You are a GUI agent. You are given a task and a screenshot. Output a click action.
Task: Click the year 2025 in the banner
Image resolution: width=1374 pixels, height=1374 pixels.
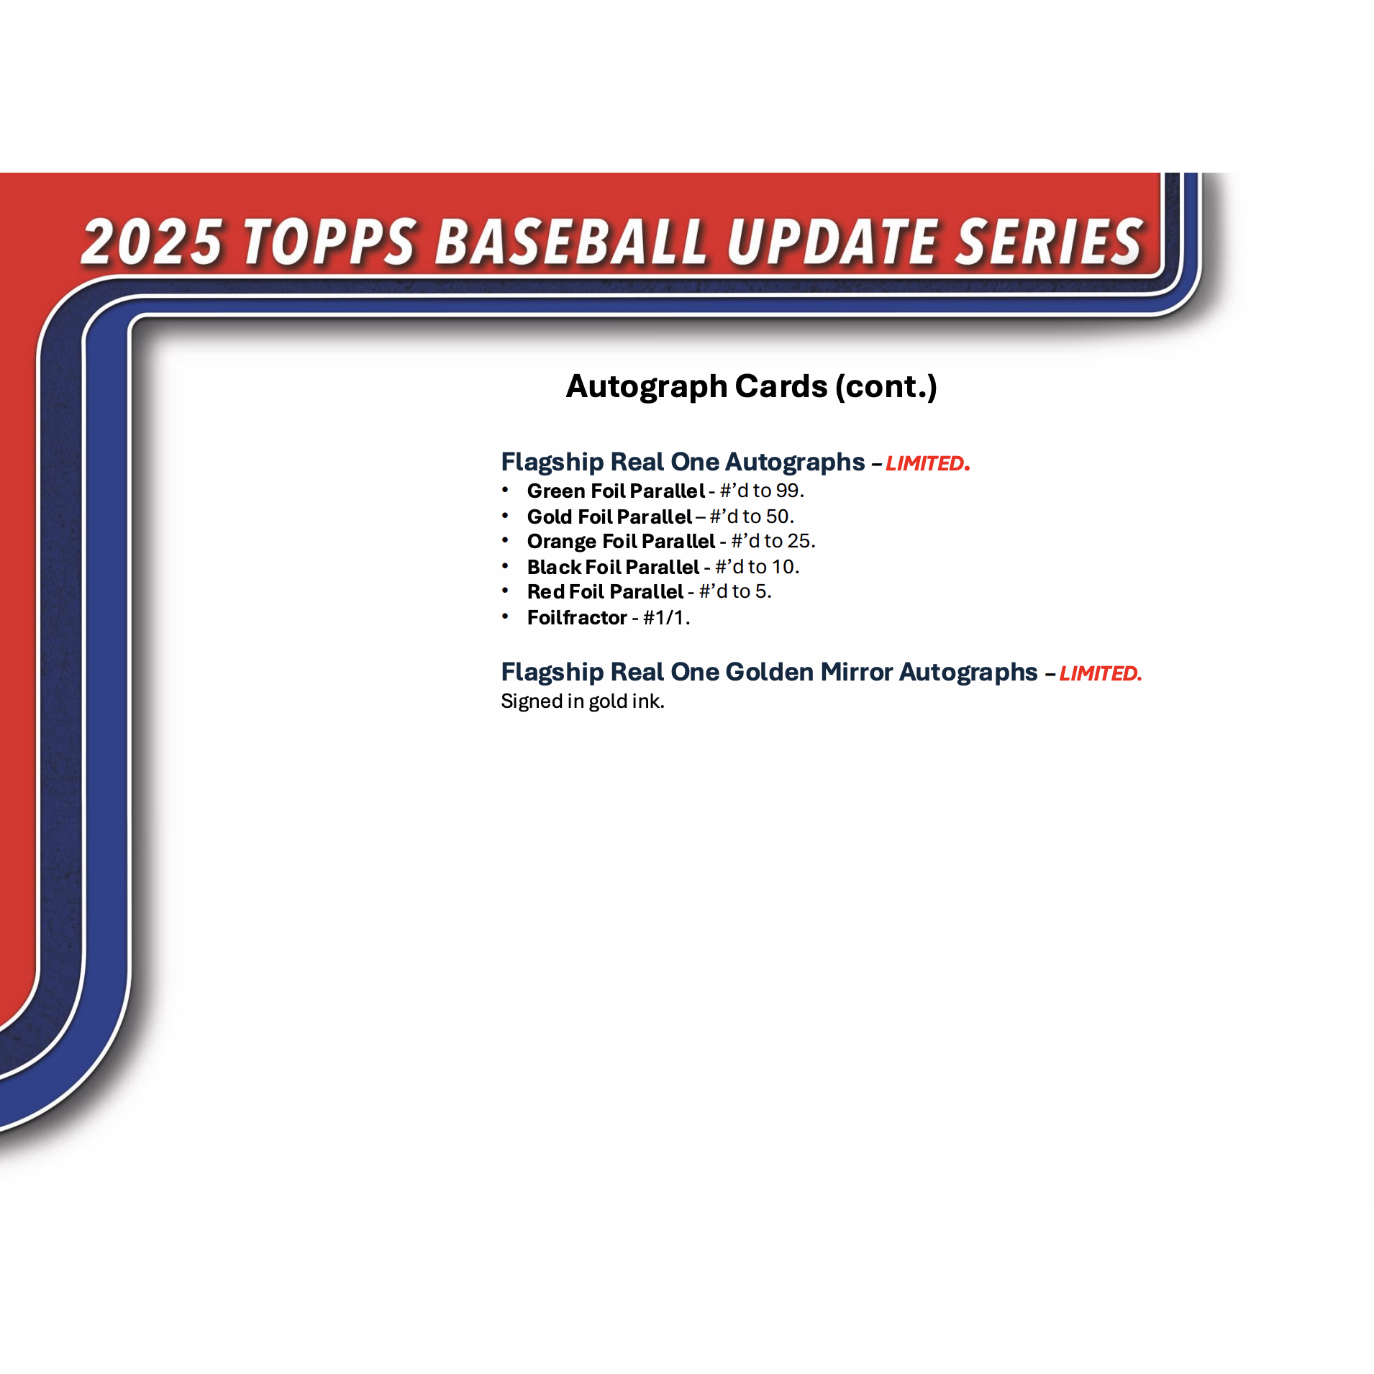pos(153,241)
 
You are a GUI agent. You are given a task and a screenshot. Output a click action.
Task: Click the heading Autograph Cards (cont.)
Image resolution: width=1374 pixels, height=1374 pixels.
pos(751,386)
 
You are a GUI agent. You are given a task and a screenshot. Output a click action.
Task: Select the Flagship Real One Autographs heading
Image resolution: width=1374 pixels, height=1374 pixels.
pos(683,462)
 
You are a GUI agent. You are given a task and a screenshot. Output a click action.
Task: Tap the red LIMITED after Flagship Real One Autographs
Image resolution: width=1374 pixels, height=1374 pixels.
pos(927,463)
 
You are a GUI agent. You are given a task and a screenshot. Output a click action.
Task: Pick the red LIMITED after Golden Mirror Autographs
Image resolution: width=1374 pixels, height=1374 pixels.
pos(1101,673)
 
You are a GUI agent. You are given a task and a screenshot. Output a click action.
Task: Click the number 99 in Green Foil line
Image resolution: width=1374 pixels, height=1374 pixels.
pos(787,491)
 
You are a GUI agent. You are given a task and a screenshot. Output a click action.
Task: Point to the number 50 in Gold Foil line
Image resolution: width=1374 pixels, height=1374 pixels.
pos(778,517)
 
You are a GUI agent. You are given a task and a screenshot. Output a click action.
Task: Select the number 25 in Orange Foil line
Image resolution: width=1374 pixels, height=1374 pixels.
pos(799,541)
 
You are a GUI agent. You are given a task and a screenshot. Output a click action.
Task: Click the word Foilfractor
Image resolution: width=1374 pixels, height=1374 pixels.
pos(577,618)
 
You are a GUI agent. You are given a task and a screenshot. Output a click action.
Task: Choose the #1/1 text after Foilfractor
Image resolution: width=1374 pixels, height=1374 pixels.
pos(665,618)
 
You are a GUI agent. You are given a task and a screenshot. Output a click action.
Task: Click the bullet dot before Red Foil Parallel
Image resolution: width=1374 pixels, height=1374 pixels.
pos(505,591)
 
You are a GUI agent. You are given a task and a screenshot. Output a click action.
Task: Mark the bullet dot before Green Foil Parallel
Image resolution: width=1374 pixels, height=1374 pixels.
pos(505,490)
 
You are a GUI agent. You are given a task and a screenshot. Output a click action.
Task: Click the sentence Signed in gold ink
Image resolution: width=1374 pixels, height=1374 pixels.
pos(583,701)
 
